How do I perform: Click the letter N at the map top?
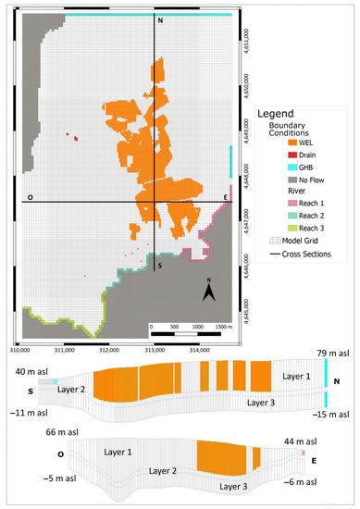(x=160, y=20)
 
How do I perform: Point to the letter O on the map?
(x=31, y=198)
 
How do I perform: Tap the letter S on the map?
(x=160, y=266)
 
